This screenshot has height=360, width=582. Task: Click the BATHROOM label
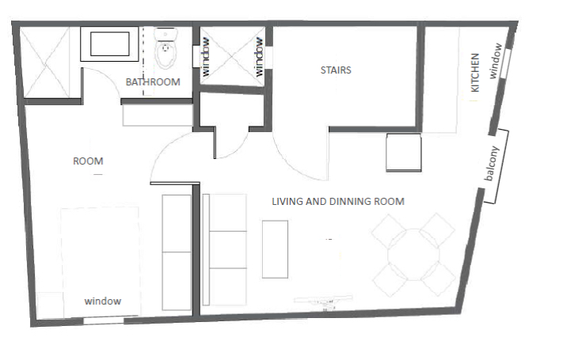(x=153, y=82)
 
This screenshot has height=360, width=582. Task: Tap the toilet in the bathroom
(x=166, y=48)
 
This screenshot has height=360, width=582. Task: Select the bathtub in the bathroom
(x=109, y=44)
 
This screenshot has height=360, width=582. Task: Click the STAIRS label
(x=336, y=70)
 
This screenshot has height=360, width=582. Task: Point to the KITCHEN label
(x=475, y=73)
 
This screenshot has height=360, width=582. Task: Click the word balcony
(x=491, y=164)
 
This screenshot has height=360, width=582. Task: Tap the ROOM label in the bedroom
(x=88, y=161)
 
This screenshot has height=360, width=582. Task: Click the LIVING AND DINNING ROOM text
(x=338, y=202)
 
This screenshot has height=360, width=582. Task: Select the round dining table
(x=413, y=254)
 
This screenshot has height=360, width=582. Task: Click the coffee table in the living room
(x=275, y=249)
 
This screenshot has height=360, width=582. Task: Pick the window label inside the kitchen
(x=496, y=61)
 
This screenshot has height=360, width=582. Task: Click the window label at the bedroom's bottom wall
(x=103, y=301)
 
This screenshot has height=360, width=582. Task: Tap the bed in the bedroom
(x=101, y=262)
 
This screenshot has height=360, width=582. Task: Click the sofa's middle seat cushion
(x=228, y=249)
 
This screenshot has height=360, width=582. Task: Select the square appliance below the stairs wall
(x=404, y=153)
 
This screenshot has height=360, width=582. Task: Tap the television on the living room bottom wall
(x=324, y=301)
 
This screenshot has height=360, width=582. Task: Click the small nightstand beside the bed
(x=50, y=305)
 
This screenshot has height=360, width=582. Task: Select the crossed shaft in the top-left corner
(x=44, y=63)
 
